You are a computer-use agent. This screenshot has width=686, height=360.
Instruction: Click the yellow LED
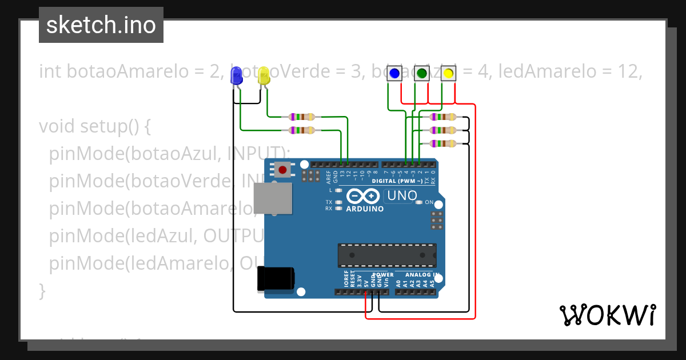click(264, 76)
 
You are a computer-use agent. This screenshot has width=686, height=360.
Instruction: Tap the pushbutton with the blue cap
click(394, 74)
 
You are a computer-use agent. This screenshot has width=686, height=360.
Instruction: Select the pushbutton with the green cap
click(421, 74)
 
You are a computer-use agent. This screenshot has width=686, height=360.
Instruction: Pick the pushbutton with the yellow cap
click(448, 74)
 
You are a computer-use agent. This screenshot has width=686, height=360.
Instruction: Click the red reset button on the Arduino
click(282, 169)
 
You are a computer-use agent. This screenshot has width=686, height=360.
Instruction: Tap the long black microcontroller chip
click(386, 255)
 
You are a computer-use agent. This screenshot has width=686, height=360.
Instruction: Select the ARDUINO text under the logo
click(365, 209)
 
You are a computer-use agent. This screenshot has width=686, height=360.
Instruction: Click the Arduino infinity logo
click(362, 196)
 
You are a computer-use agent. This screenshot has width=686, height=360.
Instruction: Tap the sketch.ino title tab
click(101, 25)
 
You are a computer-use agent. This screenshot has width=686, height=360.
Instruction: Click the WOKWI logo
click(607, 315)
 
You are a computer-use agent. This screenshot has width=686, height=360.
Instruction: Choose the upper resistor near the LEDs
click(302, 117)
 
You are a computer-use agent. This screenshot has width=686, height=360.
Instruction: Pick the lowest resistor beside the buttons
click(442, 143)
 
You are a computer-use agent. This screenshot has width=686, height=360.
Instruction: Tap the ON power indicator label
click(429, 202)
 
